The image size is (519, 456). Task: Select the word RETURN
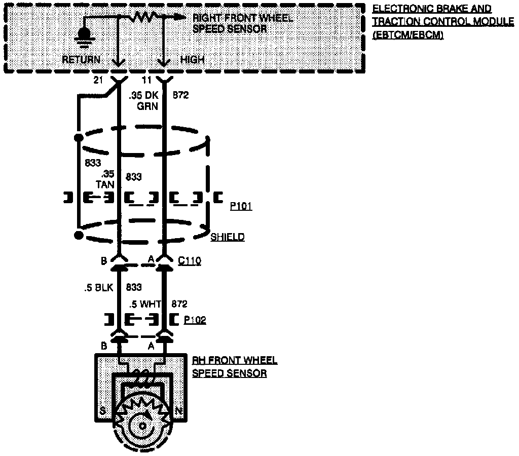(x=81, y=60)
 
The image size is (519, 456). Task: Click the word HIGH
(x=193, y=60)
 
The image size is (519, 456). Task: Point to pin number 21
(x=98, y=81)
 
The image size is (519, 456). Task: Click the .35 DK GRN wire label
(x=143, y=100)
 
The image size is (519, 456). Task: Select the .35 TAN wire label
(x=107, y=178)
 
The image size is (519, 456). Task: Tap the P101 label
(x=241, y=207)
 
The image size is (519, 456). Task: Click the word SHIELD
(x=228, y=237)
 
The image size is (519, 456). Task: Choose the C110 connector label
(x=190, y=261)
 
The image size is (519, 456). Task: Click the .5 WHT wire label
(x=145, y=305)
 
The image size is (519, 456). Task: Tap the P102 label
(x=195, y=320)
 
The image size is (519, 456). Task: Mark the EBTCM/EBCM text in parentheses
(x=408, y=35)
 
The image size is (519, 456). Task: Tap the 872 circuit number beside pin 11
(x=181, y=95)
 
